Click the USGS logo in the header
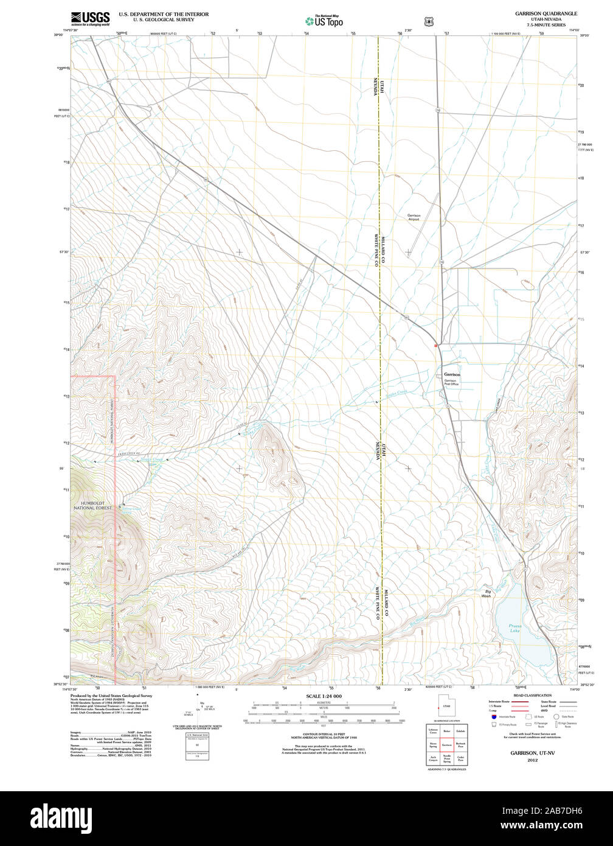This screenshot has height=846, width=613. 90,18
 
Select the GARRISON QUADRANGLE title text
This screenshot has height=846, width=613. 546,13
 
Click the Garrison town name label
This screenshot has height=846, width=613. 452,374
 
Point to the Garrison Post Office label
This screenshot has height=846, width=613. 451,382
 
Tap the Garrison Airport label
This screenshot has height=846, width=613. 414,217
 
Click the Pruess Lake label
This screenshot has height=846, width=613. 515,628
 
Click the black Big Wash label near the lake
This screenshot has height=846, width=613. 487,593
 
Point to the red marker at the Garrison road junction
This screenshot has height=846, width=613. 435,345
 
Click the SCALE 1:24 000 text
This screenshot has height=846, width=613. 324,696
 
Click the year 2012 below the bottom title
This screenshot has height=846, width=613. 532,760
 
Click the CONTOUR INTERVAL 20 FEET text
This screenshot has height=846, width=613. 324,735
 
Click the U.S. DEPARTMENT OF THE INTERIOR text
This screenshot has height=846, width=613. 164,14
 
